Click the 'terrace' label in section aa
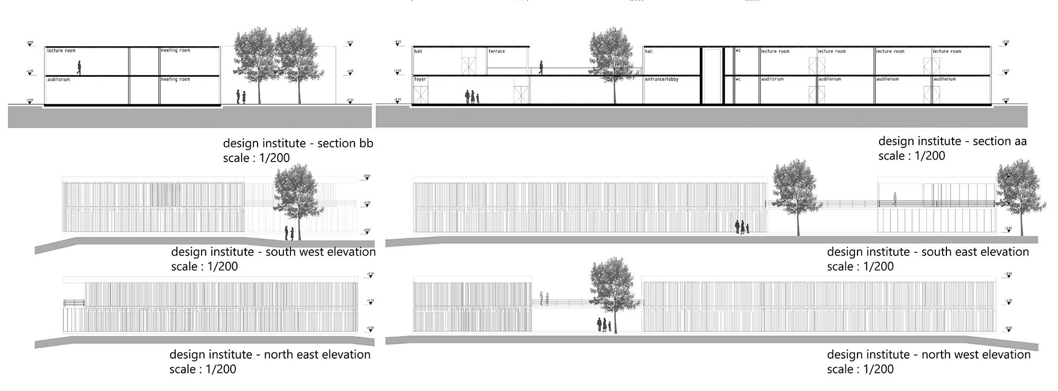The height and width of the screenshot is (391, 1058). click(496, 51)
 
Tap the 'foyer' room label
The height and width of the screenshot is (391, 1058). click(420, 79)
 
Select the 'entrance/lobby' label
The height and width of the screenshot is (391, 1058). click(661, 79)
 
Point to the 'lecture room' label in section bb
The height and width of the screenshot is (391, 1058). click(61, 51)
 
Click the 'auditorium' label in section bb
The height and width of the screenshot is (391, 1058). click(59, 79)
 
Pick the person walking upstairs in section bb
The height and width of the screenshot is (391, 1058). click(79, 67)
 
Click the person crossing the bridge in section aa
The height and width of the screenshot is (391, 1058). click(540, 67)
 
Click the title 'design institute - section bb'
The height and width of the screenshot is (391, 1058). click(298, 143)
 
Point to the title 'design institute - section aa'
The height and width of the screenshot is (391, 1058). click(952, 141)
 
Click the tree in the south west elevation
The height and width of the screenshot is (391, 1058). click(296, 196)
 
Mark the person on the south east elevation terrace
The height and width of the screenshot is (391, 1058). click(895, 199)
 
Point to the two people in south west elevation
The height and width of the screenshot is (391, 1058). click(289, 232)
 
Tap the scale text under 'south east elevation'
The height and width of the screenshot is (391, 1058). click(860, 266)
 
